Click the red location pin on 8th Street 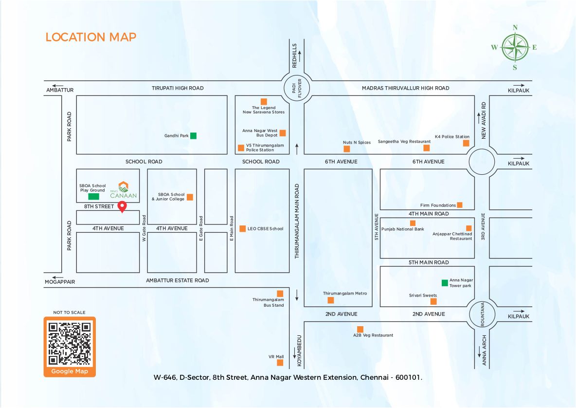pos(123,206)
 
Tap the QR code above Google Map pos(70,344)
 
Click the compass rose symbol pos(515,47)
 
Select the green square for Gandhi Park pos(193,136)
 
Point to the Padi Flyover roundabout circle pos(297,88)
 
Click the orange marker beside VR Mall pos(280,362)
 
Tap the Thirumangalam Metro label pos(345,294)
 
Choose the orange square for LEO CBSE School pos(242,228)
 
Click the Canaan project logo pos(124,190)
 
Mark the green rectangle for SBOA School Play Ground pos(93,197)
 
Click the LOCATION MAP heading pos(91,37)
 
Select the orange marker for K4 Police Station pos(466,143)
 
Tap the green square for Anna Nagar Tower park pos(444,283)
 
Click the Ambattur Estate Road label pos(178,280)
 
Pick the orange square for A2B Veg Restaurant pos(360,329)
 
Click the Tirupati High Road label pos(178,88)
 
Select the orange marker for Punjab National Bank pos(413,223)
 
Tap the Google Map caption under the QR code pos(70,371)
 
